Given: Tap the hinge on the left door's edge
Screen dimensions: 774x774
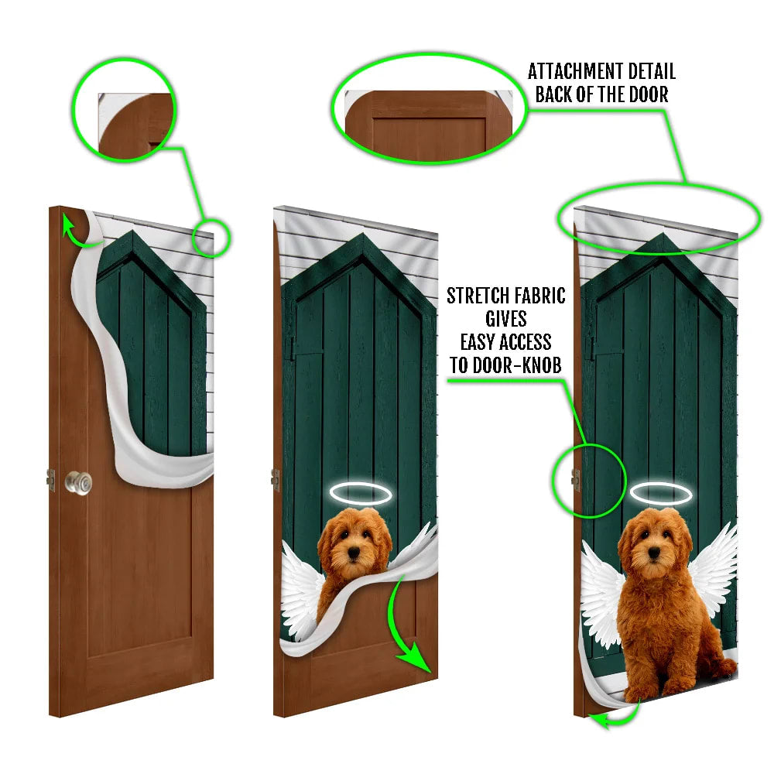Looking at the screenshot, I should pyautogui.click(x=51, y=480).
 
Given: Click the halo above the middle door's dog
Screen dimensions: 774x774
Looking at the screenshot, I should pyautogui.click(x=354, y=491).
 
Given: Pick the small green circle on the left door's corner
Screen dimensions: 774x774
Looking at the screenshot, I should pyautogui.click(x=211, y=238).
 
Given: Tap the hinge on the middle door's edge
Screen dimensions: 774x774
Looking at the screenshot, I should pyautogui.click(x=276, y=480).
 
